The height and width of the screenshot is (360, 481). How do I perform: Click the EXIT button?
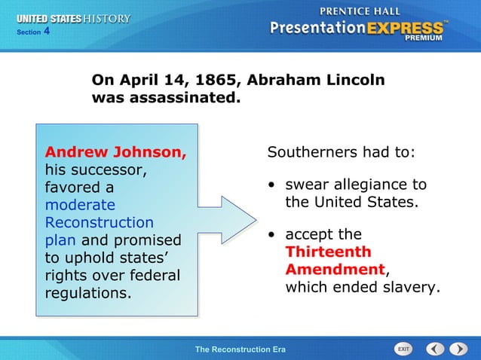coord(404,349)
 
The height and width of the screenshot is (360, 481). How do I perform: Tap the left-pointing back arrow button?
coord(435,349)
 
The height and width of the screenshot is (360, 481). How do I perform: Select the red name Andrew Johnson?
coord(115,151)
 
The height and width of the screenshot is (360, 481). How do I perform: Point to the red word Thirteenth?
coord(328,252)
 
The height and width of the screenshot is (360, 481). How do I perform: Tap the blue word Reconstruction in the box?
coord(100,223)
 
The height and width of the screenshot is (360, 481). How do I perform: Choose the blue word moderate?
coord(81,205)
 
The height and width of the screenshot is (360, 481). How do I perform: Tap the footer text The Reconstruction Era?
coord(240,349)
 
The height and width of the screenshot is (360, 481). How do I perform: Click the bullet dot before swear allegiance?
coord(271,185)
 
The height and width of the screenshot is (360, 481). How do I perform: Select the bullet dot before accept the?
coord(271,234)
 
